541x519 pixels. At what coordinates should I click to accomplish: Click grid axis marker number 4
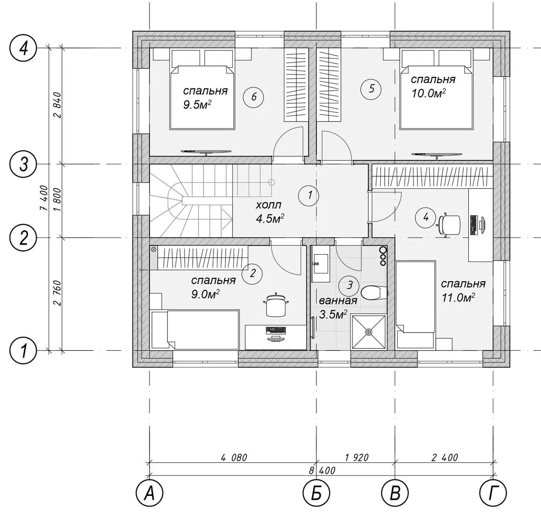tap(23, 48)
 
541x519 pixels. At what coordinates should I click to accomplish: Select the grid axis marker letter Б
tap(316, 494)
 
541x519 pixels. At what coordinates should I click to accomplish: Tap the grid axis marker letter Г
tap(493, 494)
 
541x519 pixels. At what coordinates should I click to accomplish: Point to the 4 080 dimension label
tap(234, 457)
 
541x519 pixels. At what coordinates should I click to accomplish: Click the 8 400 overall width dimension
tap(322, 470)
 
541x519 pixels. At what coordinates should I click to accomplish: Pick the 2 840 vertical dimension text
tap(57, 105)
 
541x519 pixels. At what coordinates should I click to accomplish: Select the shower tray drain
tap(369, 332)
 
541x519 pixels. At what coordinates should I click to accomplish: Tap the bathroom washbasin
tap(321, 264)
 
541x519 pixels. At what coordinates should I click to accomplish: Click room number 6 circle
tap(253, 97)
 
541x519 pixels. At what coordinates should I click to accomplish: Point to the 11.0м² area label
tap(458, 297)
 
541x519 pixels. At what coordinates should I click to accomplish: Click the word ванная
tap(338, 301)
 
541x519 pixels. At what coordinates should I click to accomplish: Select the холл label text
tap(268, 205)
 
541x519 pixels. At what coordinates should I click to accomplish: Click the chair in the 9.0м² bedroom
tap(276, 304)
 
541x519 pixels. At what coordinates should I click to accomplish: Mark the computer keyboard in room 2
tap(276, 330)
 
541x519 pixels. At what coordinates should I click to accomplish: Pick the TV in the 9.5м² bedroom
tap(206, 151)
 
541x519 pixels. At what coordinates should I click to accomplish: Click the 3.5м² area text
tap(333, 314)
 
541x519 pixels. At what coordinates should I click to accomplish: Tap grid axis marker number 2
tap(23, 237)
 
